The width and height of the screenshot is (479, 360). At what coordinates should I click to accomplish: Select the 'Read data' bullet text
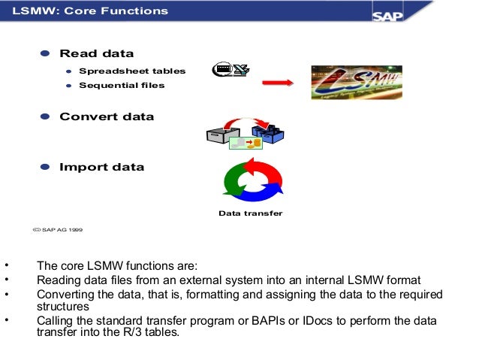(x=96, y=53)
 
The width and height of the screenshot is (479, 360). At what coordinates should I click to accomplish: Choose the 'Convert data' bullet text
(x=107, y=116)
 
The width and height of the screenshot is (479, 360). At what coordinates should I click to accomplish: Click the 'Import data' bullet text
(x=102, y=167)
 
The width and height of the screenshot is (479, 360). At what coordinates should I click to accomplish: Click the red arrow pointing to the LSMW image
(x=276, y=83)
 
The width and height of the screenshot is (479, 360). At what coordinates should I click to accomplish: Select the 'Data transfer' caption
(x=251, y=213)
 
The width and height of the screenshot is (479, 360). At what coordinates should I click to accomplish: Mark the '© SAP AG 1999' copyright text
(x=59, y=231)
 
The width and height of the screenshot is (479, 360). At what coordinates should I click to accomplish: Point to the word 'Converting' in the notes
(x=64, y=294)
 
